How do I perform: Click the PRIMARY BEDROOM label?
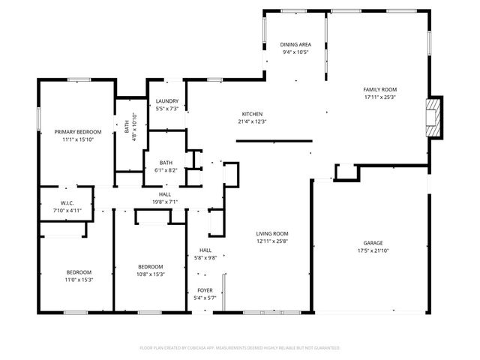(x=78, y=131)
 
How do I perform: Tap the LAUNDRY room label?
(x=166, y=101)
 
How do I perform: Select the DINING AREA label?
(x=296, y=44)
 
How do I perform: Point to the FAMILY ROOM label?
(x=379, y=88)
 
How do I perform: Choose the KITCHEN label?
(x=252, y=114)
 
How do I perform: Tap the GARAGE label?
(x=373, y=242)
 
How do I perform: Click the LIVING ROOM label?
(x=272, y=233)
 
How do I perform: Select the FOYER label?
(x=205, y=290)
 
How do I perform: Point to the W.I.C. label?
(x=66, y=202)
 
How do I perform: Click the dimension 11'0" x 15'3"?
(x=79, y=279)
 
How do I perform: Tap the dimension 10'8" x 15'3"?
(x=151, y=274)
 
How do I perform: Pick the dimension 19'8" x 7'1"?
(x=165, y=201)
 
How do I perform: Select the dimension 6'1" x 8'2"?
(x=166, y=170)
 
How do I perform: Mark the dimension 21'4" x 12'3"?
(x=252, y=121)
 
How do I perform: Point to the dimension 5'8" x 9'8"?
(x=205, y=258)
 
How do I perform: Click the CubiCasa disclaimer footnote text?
(x=240, y=348)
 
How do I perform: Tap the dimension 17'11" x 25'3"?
(x=379, y=96)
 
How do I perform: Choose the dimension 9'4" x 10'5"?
(x=296, y=52)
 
